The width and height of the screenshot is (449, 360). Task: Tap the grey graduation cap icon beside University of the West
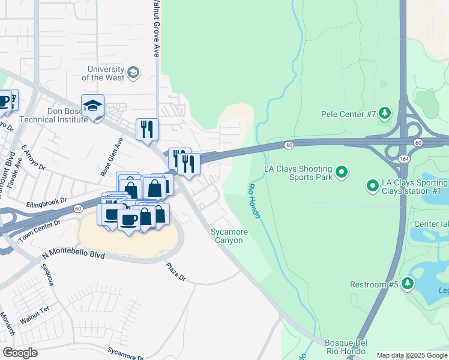tap(133, 73)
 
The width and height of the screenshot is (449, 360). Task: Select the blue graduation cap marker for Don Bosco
tap(92, 107)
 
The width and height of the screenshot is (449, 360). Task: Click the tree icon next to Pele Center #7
tap(385, 113)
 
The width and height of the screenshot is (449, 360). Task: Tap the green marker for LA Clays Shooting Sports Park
tap(342, 173)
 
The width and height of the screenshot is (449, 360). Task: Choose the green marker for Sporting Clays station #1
tap(372, 186)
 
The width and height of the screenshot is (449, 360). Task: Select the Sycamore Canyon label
tap(227, 236)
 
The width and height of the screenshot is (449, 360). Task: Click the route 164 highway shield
tap(404, 157)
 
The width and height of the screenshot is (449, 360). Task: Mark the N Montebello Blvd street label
tap(73, 255)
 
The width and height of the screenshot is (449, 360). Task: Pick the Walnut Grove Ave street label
tap(155, 29)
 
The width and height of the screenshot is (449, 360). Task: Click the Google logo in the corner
tap(20, 353)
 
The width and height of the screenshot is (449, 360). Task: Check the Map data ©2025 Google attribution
tap(412, 355)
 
